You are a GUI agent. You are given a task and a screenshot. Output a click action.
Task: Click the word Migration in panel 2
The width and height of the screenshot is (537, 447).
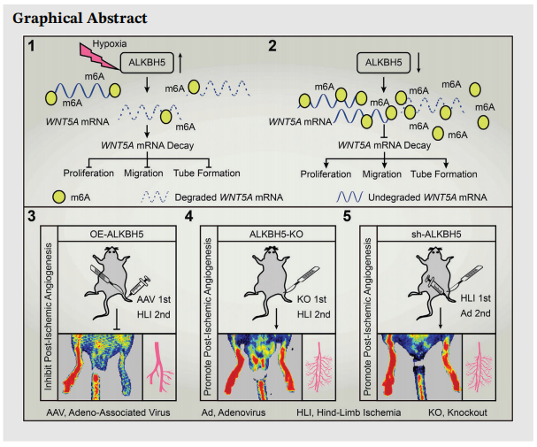(378, 173)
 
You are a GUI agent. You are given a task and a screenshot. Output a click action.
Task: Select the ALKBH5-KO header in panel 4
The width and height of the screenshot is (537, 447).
(272, 232)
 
